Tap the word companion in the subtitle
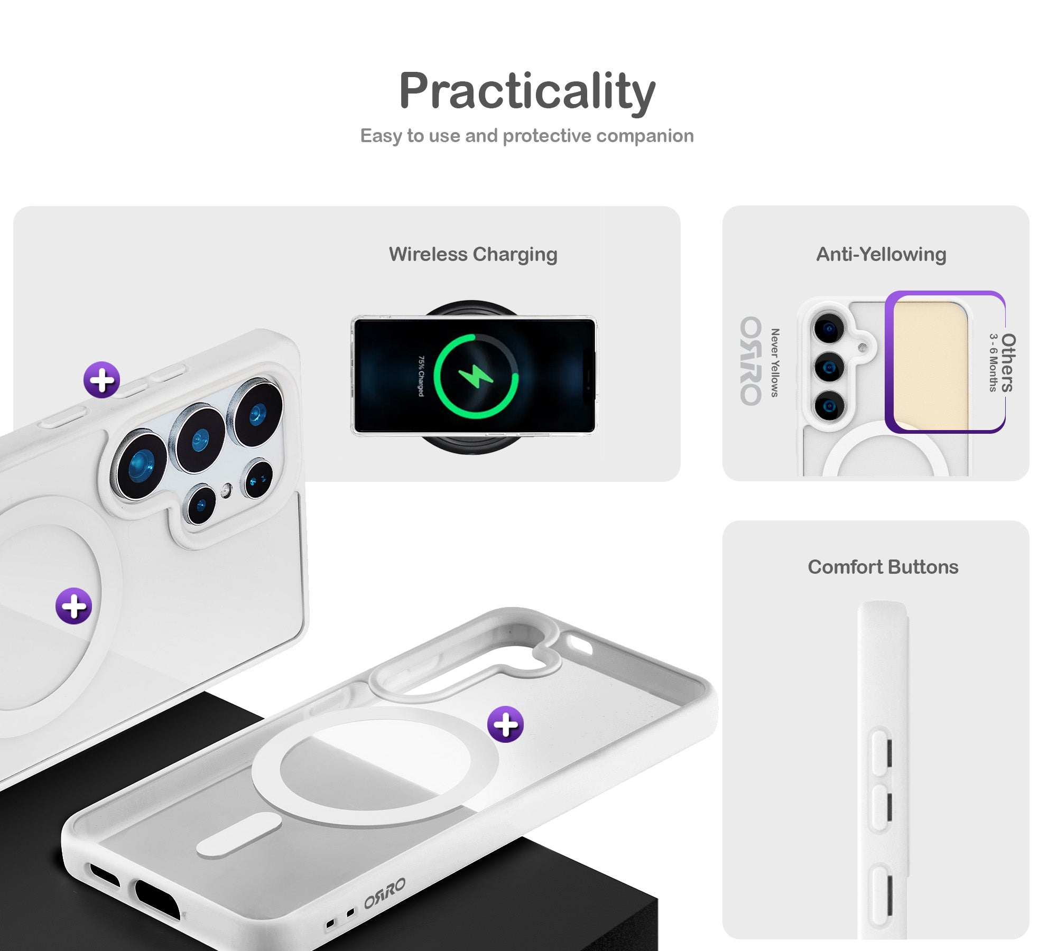pyautogui.click(x=645, y=136)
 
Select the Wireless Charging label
pyautogui.click(x=473, y=255)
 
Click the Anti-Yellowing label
pyautogui.click(x=881, y=255)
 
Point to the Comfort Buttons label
pyautogui.click(x=883, y=567)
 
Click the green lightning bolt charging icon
pyautogui.click(x=476, y=376)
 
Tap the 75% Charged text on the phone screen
pyautogui.click(x=421, y=376)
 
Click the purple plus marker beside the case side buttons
pyautogui.click(x=102, y=380)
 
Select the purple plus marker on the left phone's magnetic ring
pyautogui.click(x=74, y=605)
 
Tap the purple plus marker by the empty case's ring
pyautogui.click(x=506, y=724)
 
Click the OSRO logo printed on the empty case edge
pyautogui.click(x=385, y=893)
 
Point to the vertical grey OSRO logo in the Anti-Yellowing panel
pyautogui.click(x=751, y=361)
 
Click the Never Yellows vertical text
pyautogui.click(x=775, y=362)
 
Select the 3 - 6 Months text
pyautogui.click(x=994, y=362)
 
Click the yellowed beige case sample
pyautogui.click(x=930, y=365)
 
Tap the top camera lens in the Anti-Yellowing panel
pyautogui.click(x=829, y=328)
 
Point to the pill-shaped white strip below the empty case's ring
pyautogui.click(x=239, y=835)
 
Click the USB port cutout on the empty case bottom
pyautogui.click(x=157, y=899)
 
